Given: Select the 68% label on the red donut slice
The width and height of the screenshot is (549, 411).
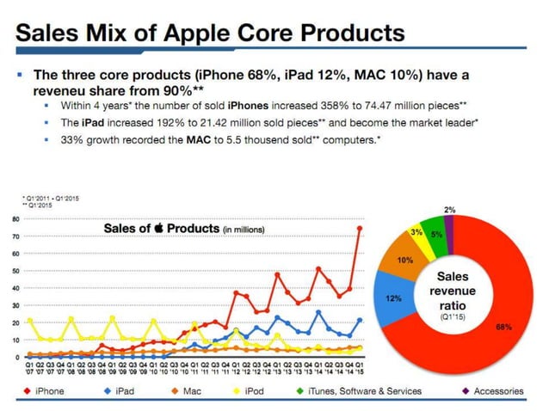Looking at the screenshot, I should [503, 326].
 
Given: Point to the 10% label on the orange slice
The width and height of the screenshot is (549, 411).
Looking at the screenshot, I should [405, 259].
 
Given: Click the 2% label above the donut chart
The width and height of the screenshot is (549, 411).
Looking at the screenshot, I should [450, 210].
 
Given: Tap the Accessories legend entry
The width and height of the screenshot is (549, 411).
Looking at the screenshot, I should [490, 390].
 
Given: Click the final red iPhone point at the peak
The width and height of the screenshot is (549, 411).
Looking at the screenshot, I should [360, 229].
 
